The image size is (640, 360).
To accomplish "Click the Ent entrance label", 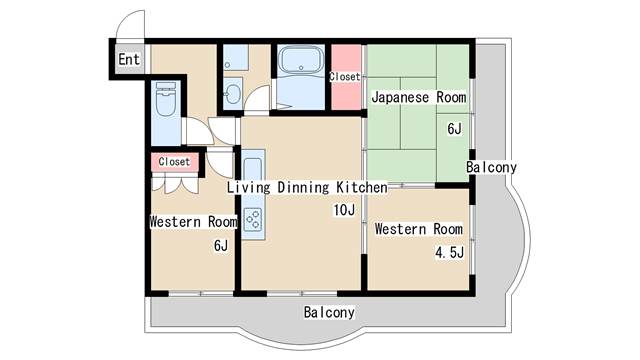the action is tap(129, 59).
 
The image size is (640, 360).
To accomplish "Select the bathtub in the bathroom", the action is tap(301, 60).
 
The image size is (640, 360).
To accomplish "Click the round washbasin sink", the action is tap(233, 94).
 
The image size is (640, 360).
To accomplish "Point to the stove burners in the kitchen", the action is tap(253, 219).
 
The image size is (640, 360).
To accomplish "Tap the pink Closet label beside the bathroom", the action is tap(345, 76).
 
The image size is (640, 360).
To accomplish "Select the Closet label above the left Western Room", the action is tap(174, 162).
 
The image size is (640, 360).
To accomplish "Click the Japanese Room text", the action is tap(419, 97).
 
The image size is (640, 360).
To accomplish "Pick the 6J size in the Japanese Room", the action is tap(454, 129).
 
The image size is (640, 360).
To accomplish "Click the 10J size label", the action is tap(344, 210).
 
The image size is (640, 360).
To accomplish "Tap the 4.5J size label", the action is tap(449, 252).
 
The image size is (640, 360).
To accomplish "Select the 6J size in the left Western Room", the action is tap(221, 245).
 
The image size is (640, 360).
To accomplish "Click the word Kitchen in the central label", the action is tap(362, 187).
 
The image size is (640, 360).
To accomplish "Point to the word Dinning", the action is tap(303, 187).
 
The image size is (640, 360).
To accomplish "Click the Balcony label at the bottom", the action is tap(329, 312).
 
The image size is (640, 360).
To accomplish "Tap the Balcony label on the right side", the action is tap(491, 167).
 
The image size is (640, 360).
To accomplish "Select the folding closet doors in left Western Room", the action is tap(175, 183).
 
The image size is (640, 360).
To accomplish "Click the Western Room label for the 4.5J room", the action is tap(419, 229).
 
